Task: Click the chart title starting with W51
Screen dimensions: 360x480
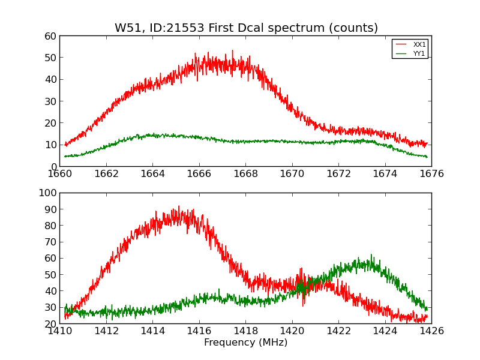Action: point(246,28)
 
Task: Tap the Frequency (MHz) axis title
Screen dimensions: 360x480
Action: point(245,343)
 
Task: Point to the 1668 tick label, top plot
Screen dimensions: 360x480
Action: point(245,174)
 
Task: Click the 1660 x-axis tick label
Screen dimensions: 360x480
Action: point(60,174)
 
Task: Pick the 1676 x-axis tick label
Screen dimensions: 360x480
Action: point(431,174)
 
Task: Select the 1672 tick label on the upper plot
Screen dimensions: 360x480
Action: point(338,174)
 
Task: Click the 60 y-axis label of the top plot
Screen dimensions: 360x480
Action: point(50,36)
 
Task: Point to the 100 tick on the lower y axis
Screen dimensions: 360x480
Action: point(47,193)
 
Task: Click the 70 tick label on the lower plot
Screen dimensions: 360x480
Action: point(50,242)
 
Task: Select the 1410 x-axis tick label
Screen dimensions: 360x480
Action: point(60,331)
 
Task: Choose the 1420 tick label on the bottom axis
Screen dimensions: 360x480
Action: point(292,331)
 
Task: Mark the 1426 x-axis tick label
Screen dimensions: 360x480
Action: point(431,331)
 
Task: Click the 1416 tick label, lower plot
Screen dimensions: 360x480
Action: point(199,331)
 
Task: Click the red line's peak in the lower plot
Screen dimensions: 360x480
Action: point(178,206)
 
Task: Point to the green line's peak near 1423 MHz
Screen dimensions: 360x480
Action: point(371,254)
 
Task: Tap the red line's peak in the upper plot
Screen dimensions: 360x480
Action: point(232,50)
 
